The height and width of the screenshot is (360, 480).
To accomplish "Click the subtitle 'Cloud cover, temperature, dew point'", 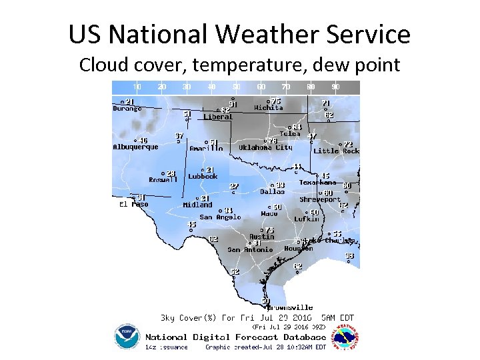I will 239,65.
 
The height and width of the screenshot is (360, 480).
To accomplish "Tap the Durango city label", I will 127,108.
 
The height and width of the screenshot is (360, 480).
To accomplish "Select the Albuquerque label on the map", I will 135,147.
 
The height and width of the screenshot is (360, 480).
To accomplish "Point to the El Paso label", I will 133,204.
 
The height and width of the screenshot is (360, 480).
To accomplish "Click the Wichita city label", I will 269,107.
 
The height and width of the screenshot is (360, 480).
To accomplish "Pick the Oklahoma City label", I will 266,147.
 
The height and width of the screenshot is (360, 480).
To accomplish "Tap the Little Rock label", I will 336,151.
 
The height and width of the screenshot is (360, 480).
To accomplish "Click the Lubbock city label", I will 203,177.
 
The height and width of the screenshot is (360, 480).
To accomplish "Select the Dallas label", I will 273,191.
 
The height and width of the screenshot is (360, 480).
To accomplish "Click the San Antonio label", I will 250,249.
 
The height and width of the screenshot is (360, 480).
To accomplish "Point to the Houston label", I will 299,249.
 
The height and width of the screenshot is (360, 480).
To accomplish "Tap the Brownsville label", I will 290,307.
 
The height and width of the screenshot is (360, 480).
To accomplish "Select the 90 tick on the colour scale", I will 335,87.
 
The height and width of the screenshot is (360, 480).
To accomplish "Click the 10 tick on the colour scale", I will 137,87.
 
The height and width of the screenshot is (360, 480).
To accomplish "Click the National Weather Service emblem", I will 347,337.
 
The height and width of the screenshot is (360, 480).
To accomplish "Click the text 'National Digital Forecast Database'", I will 236,337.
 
